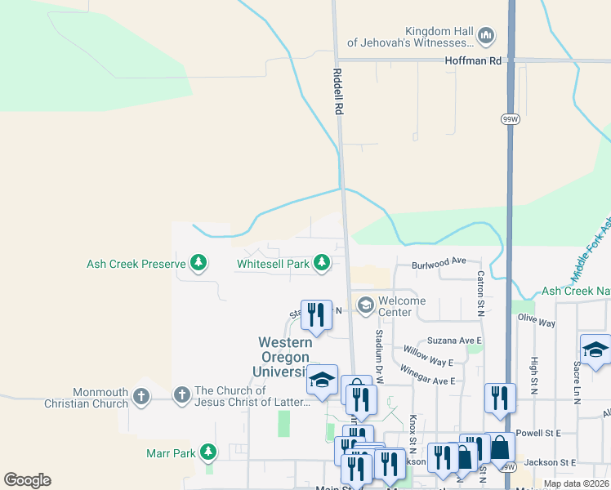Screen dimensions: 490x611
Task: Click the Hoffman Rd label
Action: pyautogui.click(x=474, y=61)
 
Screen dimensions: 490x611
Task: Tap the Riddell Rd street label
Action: pyautogui.click(x=338, y=91)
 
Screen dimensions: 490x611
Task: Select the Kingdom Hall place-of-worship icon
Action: pyautogui.click(x=486, y=35)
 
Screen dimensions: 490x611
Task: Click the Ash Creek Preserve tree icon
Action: pyautogui.click(x=198, y=263)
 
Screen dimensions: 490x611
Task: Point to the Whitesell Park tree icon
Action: pyautogui.click(x=323, y=263)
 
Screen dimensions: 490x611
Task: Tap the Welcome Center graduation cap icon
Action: pyautogui.click(x=365, y=305)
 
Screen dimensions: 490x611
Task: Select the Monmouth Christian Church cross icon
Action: pyautogui.click(x=141, y=397)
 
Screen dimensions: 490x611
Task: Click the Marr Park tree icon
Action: pyautogui.click(x=208, y=451)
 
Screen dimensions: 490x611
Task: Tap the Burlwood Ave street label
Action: pyautogui.click(x=439, y=262)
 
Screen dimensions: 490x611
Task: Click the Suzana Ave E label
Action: pyautogui.click(x=455, y=341)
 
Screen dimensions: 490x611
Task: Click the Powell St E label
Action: pyautogui.click(x=537, y=434)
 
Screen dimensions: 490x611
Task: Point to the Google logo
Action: pyautogui.click(x=27, y=480)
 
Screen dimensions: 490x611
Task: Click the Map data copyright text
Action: pyautogui.click(x=575, y=483)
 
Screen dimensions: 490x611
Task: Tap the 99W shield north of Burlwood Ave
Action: pyautogui.click(x=510, y=119)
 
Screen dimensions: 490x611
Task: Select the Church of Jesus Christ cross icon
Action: pyautogui.click(x=182, y=396)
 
